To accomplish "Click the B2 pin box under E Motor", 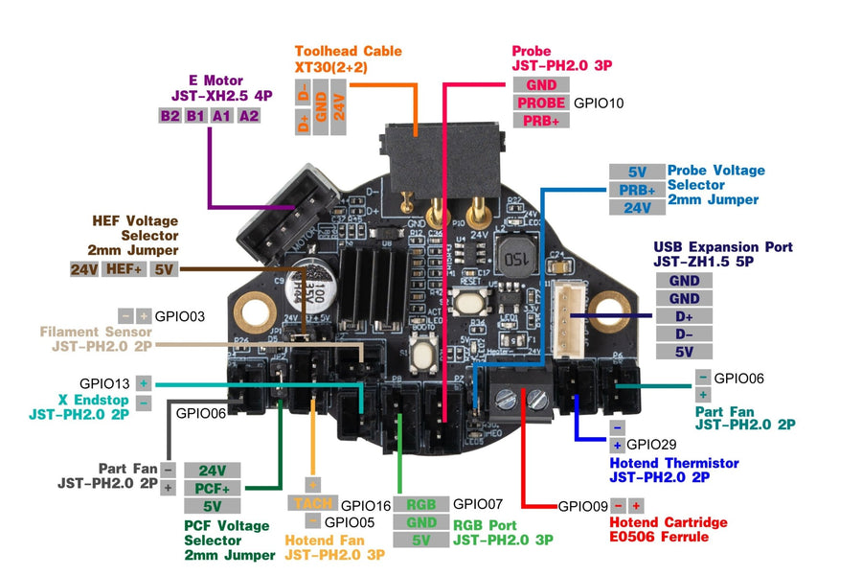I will pos(170,115).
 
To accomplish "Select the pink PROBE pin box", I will pos(541,103).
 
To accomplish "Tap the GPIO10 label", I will pos(599,103).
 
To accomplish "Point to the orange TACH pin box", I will pos(312,504).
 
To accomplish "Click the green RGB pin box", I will pos(420,504).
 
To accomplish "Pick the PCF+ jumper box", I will pos(212,488).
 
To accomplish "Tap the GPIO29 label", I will pos(651,445).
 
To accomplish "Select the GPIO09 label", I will pos(582,506).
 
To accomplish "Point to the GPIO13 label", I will pos(105,382).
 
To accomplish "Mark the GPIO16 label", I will pos(366,504).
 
